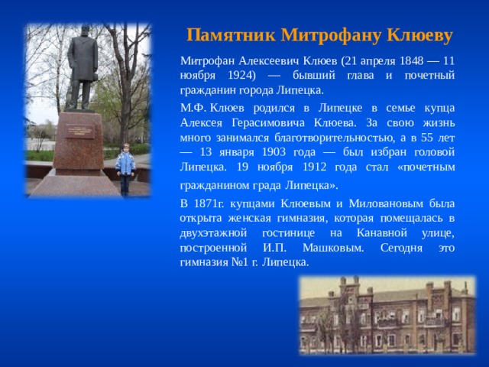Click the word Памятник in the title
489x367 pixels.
[x=231, y=35]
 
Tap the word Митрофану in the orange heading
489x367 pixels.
[x=331, y=36]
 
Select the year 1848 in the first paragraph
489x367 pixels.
[x=412, y=60]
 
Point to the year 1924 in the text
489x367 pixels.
[x=240, y=76]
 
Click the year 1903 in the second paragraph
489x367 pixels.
[x=274, y=152]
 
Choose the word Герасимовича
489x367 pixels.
[x=268, y=122]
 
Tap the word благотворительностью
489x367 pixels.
[x=333, y=138]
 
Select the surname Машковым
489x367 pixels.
[x=333, y=248]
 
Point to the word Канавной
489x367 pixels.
[x=382, y=232]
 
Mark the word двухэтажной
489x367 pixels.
[x=213, y=233]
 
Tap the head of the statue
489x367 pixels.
[x=86, y=31]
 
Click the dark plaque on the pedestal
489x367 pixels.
[x=79, y=131]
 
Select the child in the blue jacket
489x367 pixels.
[x=125, y=170]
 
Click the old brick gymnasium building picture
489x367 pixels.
[x=387, y=316]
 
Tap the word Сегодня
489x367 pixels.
[x=401, y=248]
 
